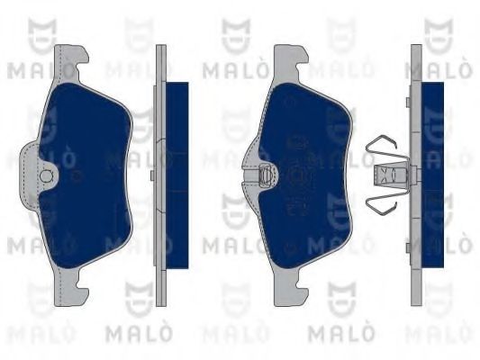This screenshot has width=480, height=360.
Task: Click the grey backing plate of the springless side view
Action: pos(162,171)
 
